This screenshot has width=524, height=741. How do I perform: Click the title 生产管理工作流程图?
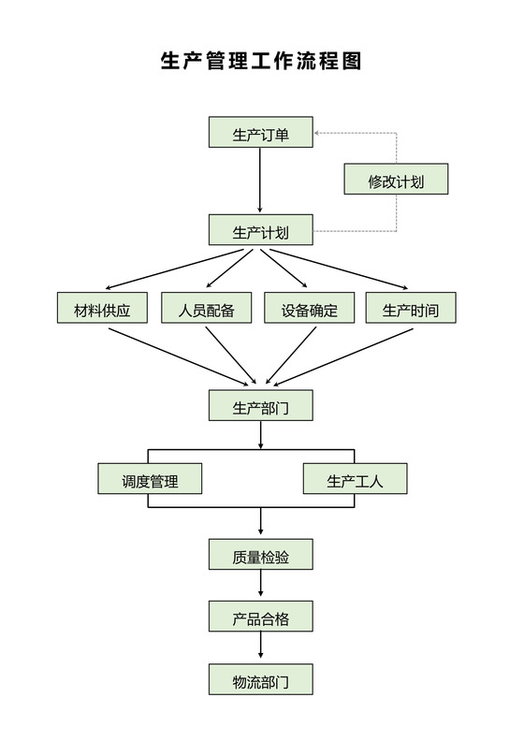coord(261,61)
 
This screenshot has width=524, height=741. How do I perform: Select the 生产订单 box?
coord(260,134)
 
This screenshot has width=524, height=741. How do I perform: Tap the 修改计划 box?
coord(395,181)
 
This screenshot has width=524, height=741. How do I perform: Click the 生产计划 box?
coord(260,231)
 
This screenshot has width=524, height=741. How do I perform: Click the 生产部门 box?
coord(260,406)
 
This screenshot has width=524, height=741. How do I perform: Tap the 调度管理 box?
coord(150,481)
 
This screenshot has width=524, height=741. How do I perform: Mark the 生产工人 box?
coord(355,481)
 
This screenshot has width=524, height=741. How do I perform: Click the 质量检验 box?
coord(260,557)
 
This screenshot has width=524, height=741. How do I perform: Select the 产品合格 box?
coord(260,617)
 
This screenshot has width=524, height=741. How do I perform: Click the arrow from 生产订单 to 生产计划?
coord(260,182)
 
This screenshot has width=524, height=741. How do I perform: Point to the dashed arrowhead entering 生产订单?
coord(318,134)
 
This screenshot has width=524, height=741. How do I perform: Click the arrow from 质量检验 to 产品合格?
coord(260,587)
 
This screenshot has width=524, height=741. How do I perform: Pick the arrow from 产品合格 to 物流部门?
coord(260,648)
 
